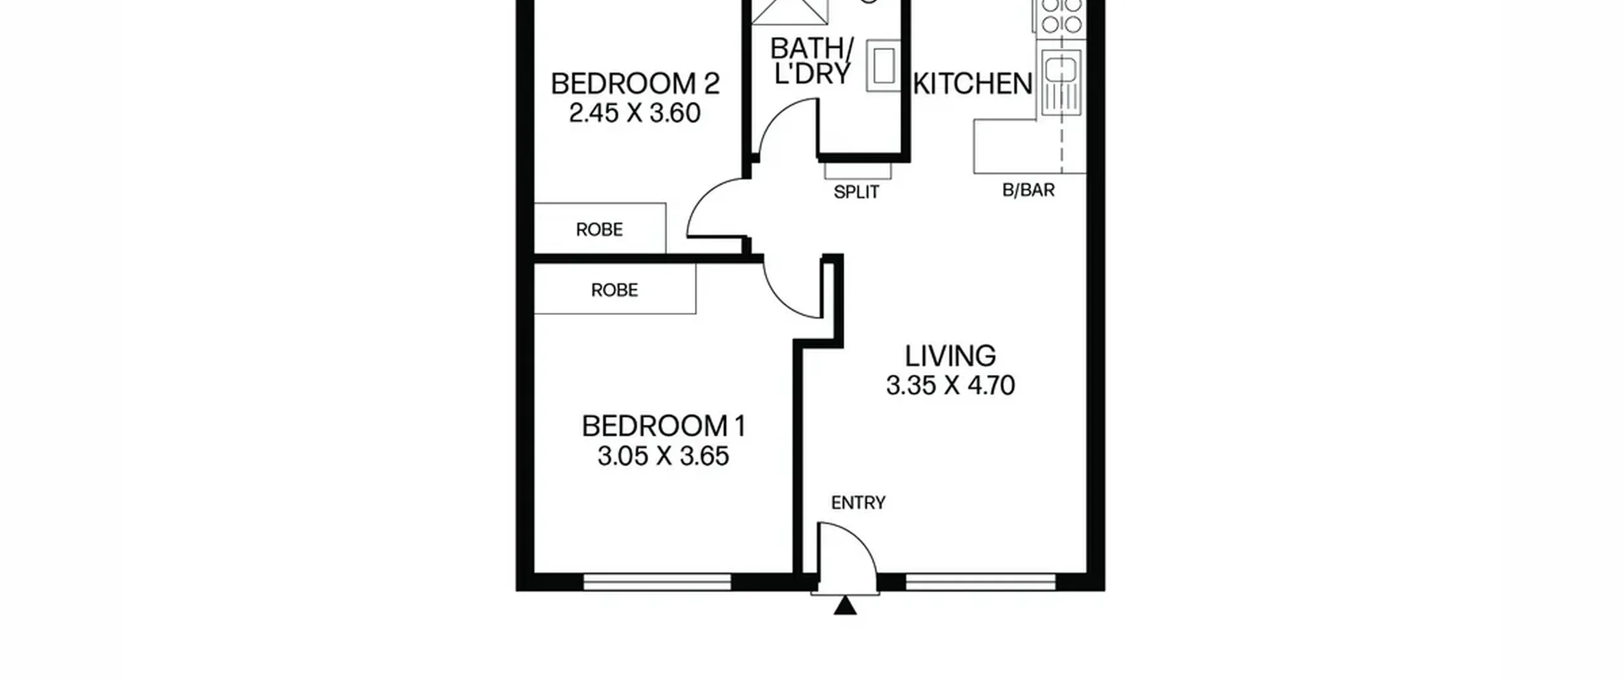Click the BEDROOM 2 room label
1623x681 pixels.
[x=635, y=84]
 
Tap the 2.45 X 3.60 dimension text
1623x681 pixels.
[x=635, y=113]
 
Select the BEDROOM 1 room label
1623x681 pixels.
[x=664, y=426]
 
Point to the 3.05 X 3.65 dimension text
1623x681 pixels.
[x=663, y=456]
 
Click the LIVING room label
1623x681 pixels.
[x=950, y=356]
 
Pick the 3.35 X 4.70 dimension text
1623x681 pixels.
[x=950, y=385]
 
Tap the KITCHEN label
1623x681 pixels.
[x=973, y=84]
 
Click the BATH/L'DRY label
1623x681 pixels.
[x=811, y=61]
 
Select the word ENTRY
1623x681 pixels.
[x=858, y=503]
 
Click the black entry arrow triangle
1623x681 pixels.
[x=845, y=606]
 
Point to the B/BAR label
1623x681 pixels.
[x=1028, y=190]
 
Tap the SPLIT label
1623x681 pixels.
[x=857, y=192]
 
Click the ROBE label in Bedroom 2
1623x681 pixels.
[x=599, y=229]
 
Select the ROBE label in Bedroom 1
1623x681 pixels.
[x=614, y=290]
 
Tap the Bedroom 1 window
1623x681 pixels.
[x=657, y=582]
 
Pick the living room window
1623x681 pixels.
[x=981, y=582]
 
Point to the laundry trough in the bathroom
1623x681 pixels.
[x=884, y=66]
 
